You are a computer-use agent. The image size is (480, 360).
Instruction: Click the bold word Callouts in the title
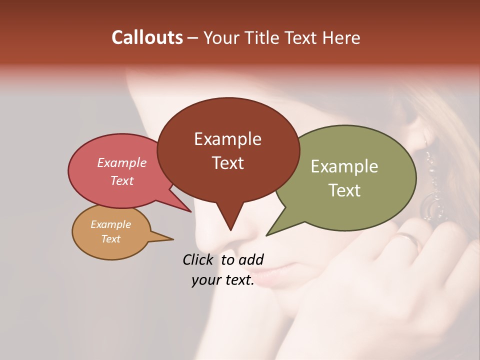[x=147, y=37]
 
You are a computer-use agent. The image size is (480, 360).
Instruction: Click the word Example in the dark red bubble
[x=227, y=139]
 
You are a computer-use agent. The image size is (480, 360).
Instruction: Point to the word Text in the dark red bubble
[x=227, y=163]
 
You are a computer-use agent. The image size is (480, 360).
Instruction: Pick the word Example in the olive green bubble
[x=344, y=166]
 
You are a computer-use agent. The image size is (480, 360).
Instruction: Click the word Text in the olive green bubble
[x=345, y=190]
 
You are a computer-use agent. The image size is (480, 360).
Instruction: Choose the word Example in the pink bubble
[x=122, y=162]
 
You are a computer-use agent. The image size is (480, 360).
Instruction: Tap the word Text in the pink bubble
[x=122, y=180]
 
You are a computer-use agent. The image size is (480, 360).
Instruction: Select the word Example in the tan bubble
[x=110, y=224]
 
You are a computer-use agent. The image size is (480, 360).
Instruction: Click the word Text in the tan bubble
[x=110, y=239]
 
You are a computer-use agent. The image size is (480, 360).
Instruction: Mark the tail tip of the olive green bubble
[x=267, y=234]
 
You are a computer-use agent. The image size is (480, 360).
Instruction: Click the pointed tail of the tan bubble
[x=171, y=239]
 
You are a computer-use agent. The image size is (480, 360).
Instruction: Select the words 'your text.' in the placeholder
[x=223, y=280]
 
